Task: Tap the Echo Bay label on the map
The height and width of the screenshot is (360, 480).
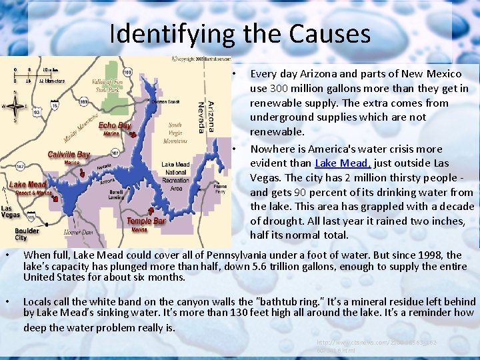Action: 115,125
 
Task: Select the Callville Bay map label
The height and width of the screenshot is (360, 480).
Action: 69,155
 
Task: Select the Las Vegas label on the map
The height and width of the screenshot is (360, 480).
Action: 10,211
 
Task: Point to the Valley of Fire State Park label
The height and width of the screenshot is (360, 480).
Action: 106,85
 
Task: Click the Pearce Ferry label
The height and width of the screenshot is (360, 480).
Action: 220,189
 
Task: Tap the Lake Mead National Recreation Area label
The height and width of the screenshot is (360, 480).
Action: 176,176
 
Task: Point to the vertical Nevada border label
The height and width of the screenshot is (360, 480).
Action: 201,117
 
